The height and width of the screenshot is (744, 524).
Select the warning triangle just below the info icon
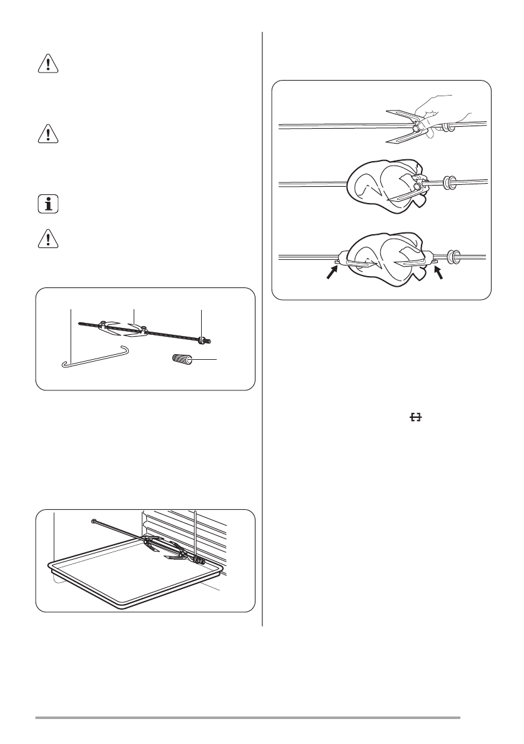pyautogui.click(x=48, y=241)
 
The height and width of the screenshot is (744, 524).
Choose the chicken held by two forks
pyautogui.click(x=385, y=259)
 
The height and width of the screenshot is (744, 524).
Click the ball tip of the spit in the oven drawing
pyautogui.click(x=93, y=520)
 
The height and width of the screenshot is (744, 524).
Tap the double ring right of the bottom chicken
pyautogui.click(x=454, y=256)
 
